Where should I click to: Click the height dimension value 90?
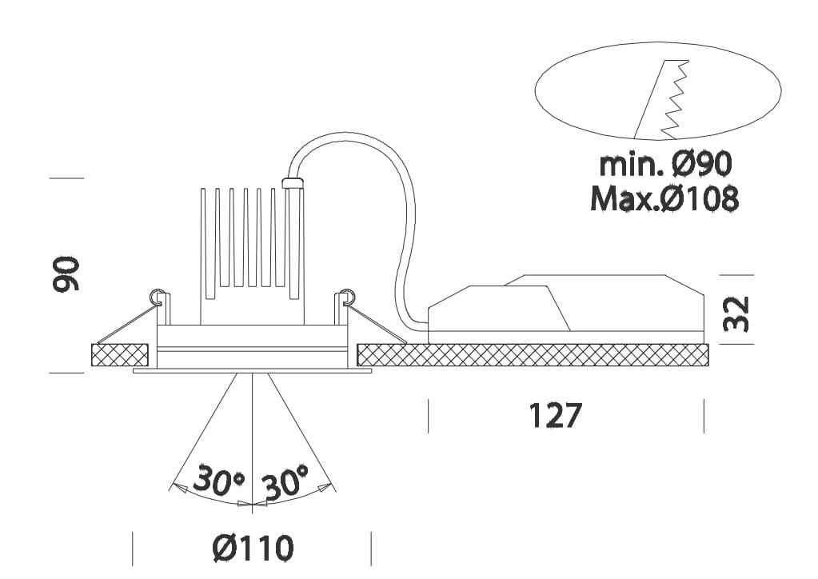point(67,274)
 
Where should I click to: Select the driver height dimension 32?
point(737,313)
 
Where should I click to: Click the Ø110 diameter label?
point(253,549)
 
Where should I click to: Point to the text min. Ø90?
point(666,165)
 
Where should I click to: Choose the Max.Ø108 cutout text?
point(664,199)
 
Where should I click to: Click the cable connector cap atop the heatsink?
point(293,183)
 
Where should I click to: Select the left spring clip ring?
point(158,294)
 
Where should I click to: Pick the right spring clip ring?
point(347,294)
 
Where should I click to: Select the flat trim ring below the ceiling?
point(252,371)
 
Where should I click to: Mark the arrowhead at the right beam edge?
point(326,485)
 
